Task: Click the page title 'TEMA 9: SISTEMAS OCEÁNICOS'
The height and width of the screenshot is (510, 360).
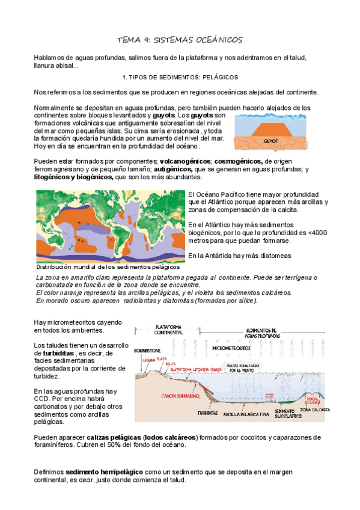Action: (180, 40)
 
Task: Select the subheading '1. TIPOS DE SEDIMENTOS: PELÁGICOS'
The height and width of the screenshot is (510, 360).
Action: (180, 78)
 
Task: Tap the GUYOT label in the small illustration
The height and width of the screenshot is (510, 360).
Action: (272, 142)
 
